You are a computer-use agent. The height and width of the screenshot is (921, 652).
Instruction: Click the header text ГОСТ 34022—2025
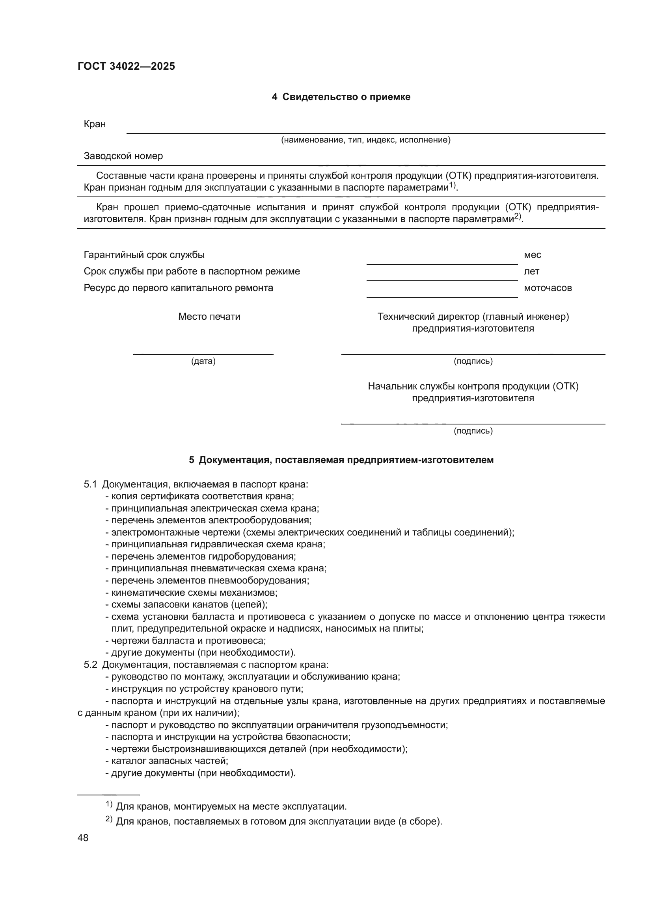pyautogui.click(x=126, y=66)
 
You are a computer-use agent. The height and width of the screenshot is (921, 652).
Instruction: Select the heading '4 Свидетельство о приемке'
pyautogui.click(x=341, y=97)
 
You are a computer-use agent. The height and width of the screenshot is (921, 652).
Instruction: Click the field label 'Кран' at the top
pyautogui.click(x=95, y=124)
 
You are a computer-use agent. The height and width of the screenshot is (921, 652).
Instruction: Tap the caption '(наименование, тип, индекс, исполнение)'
pyautogui.click(x=365, y=140)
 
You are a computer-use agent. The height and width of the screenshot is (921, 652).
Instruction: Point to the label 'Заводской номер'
pyautogui.click(x=123, y=156)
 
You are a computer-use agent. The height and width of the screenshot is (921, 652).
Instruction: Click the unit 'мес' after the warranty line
pyautogui.click(x=532, y=255)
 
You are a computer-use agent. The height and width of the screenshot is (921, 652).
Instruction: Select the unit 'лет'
pyautogui.click(x=531, y=271)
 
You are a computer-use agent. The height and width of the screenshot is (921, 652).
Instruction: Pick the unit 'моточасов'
pyautogui.click(x=548, y=287)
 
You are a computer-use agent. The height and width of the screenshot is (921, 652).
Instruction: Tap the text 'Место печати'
pyautogui.click(x=209, y=317)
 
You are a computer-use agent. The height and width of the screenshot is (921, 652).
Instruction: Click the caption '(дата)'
pyautogui.click(x=203, y=361)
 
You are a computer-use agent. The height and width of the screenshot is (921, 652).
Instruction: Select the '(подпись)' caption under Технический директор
pyautogui.click(x=473, y=361)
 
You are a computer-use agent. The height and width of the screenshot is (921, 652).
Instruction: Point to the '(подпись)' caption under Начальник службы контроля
pyautogui.click(x=473, y=431)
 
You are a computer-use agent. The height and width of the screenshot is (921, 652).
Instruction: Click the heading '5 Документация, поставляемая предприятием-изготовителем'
pyautogui.click(x=341, y=460)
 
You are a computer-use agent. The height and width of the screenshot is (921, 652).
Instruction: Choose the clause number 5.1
pyautogui.click(x=90, y=484)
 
